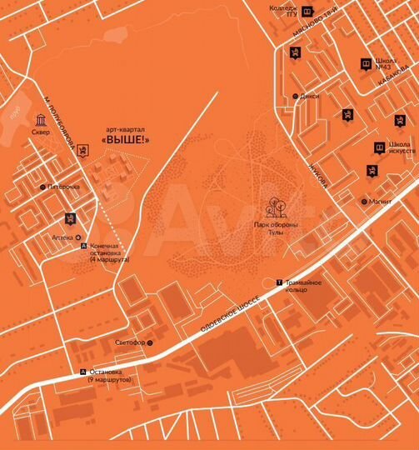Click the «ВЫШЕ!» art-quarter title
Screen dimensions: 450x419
click(x=126, y=140)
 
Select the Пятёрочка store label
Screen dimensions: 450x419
click(x=63, y=187)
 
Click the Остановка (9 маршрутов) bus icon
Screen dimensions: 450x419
click(x=82, y=372)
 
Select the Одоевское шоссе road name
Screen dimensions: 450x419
click(x=232, y=317)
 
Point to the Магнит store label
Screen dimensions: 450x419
click(x=381, y=201)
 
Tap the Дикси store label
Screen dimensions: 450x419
click(x=310, y=96)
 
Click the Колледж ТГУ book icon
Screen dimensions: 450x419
click(x=307, y=12)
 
